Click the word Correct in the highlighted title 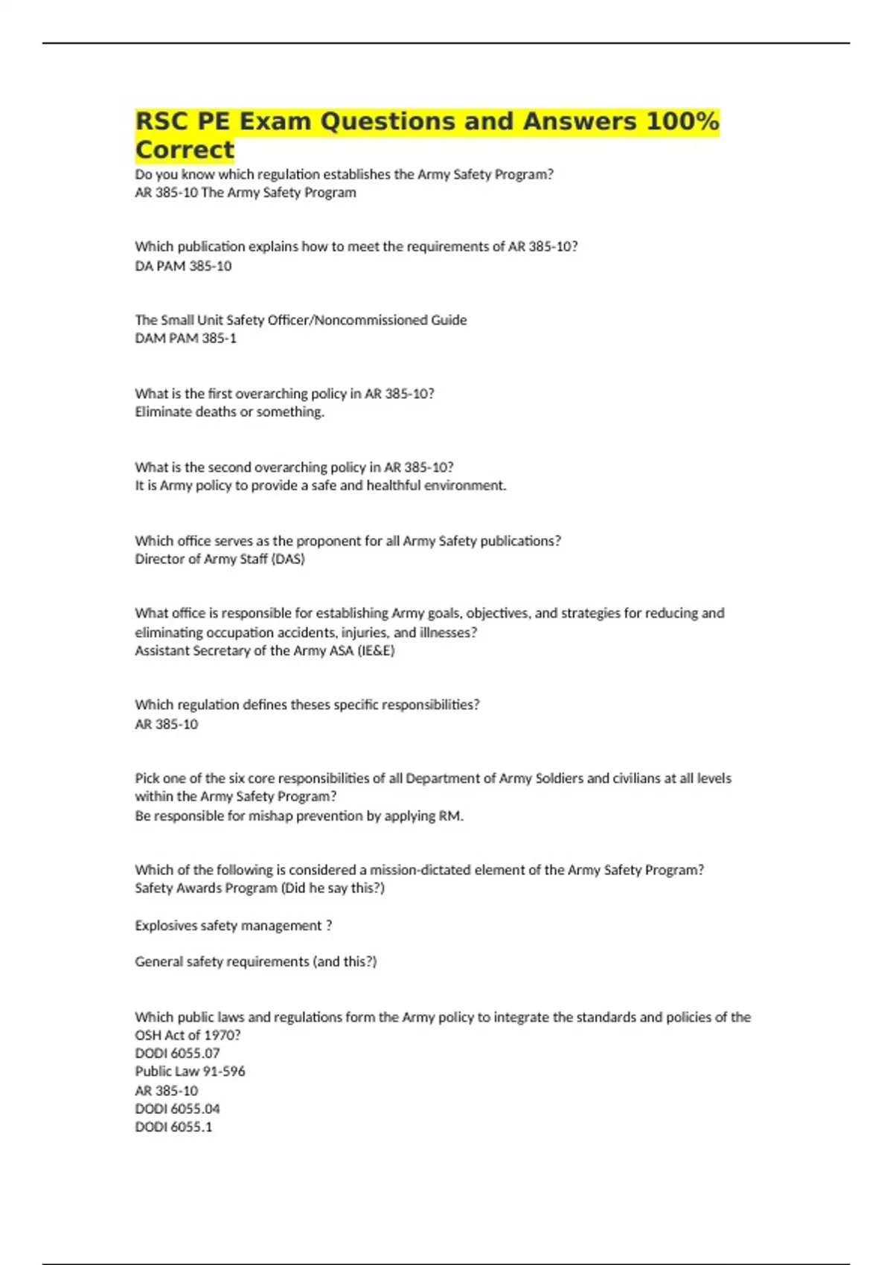click(x=185, y=150)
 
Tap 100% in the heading click(x=682, y=121)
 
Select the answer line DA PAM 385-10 click(x=183, y=266)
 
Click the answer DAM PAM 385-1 click(x=185, y=338)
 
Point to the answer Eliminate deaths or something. click(x=229, y=411)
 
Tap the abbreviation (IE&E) click(x=376, y=650)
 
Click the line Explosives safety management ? click(x=233, y=926)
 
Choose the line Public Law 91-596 click(x=190, y=1072)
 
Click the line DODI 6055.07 click(x=177, y=1053)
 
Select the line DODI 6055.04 click(x=177, y=1109)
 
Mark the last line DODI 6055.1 click(x=173, y=1127)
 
